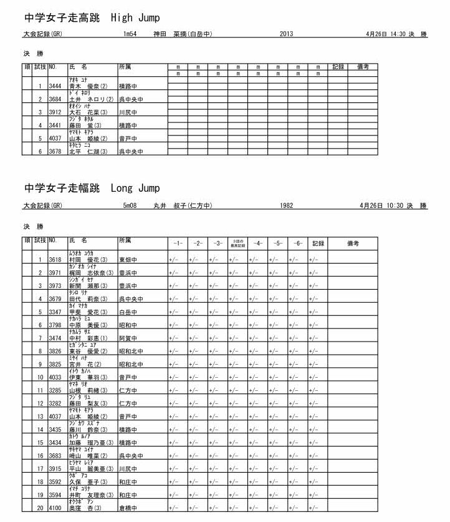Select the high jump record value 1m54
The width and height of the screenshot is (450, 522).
tap(130, 34)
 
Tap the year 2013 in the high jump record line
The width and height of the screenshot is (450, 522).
tap(287, 34)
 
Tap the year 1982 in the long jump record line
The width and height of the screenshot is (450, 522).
tap(287, 205)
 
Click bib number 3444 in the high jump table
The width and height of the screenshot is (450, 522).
tap(55, 86)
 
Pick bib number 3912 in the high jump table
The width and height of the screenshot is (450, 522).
tap(55, 112)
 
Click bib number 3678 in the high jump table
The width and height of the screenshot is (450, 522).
tap(55, 151)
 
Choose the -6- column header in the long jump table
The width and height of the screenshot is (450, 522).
tap(297, 242)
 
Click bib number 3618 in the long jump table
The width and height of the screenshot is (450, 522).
tap(55, 260)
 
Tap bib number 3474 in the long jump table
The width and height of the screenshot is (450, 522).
tap(55, 338)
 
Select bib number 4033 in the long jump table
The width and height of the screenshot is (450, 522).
tap(55, 377)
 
